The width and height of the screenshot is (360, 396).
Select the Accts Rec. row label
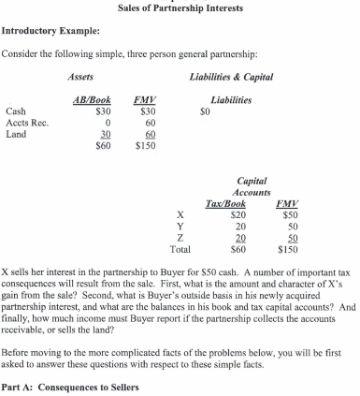pos(26,122)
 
